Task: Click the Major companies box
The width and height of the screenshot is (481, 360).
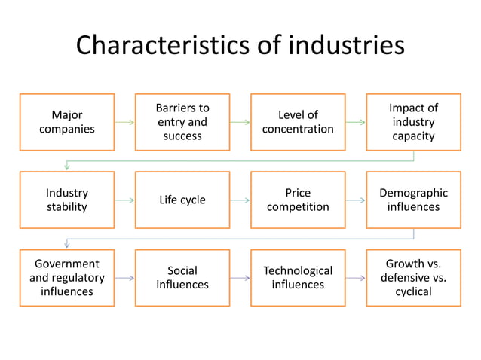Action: click(67, 122)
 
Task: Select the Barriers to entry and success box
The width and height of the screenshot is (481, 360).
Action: click(182, 122)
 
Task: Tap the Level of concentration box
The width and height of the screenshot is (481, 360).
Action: click(298, 122)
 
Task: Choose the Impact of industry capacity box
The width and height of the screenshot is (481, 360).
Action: click(413, 122)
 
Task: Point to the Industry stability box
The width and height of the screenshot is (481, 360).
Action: click(67, 200)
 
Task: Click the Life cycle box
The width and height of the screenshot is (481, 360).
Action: click(182, 200)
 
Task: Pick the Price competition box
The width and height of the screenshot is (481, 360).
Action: click(298, 200)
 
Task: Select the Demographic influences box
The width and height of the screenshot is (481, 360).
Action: click(413, 200)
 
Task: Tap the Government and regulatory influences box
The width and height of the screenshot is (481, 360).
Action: click(67, 277)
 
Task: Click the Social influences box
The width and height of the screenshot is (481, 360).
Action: click(182, 277)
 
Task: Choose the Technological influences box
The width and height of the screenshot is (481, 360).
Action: click(298, 277)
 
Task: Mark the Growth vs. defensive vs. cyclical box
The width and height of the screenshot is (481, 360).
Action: click(413, 277)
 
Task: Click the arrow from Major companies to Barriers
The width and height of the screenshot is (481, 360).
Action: click(124, 122)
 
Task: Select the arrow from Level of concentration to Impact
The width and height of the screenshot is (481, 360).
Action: click(355, 122)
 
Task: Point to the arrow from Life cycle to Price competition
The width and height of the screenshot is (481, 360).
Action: click(240, 200)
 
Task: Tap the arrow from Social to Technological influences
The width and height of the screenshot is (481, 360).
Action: click(240, 278)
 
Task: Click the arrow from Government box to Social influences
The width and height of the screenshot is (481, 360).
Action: click(124, 278)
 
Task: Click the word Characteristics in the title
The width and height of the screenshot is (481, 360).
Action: click(158, 46)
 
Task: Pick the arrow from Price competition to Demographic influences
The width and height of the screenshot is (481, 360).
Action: click(355, 200)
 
